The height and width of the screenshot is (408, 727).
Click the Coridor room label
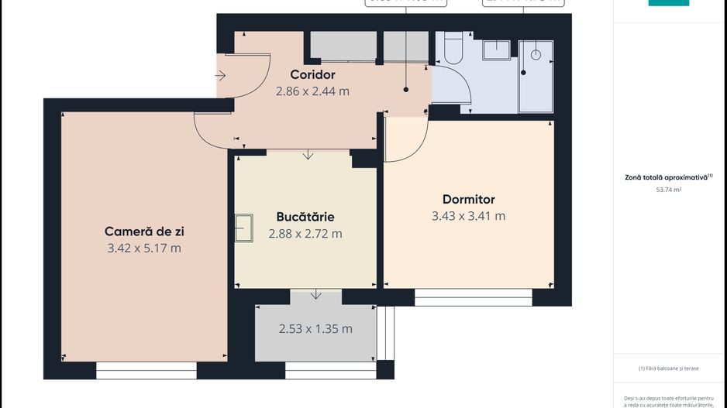[x=312, y=75]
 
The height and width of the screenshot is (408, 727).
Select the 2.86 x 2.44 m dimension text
[x=312, y=91]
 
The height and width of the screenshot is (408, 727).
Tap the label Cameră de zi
[x=144, y=231]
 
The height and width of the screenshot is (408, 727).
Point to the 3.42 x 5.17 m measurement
[x=144, y=248]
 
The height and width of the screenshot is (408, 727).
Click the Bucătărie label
[x=305, y=217]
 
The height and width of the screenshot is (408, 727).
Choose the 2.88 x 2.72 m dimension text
[x=305, y=233]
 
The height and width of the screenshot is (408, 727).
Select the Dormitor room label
[x=468, y=200]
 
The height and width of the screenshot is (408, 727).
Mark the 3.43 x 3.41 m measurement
[x=468, y=216]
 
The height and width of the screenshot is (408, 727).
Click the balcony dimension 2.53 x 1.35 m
[x=315, y=329]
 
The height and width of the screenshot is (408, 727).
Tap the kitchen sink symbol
[x=244, y=228]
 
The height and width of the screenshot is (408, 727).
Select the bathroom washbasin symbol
[x=496, y=50]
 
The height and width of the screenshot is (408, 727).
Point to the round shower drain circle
[x=534, y=55]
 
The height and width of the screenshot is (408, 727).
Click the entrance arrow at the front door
[x=220, y=76]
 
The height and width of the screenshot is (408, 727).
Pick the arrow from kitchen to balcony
[x=316, y=294]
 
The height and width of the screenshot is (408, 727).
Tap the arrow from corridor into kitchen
[x=308, y=155]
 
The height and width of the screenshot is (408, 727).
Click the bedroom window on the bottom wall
[x=473, y=297]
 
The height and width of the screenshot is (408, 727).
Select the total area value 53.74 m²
[x=668, y=189]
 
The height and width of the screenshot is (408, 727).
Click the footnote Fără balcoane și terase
[x=668, y=369]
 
